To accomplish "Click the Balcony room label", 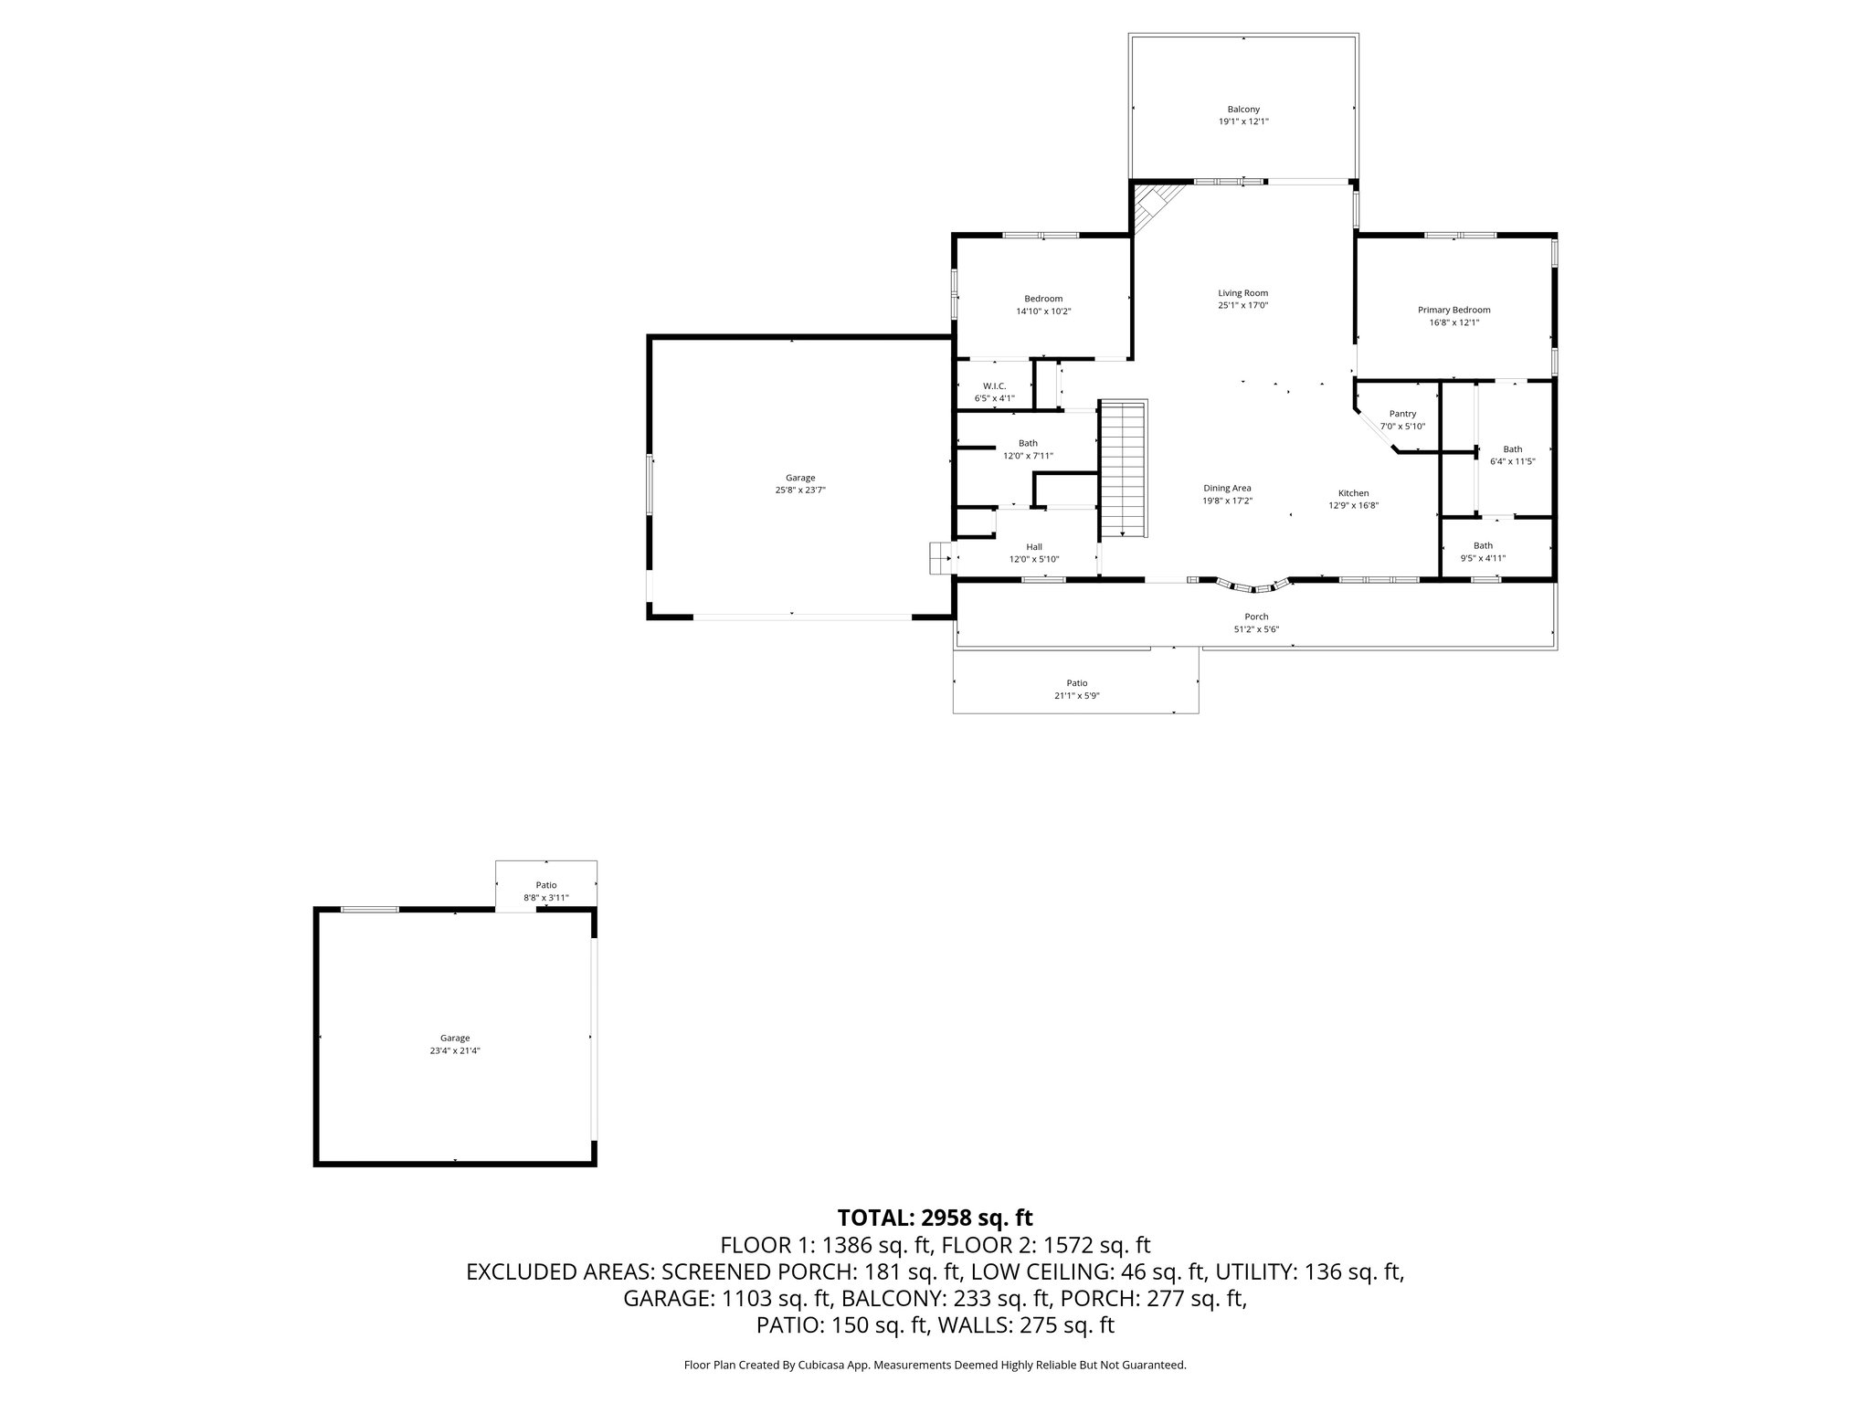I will coord(1243,110).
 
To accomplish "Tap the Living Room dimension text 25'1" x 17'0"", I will coord(1242,306).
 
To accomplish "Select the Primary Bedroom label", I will coord(1453,310).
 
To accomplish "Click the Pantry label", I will coord(1402,414).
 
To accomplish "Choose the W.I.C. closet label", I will coord(994,385).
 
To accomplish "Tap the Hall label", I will coord(1034,547).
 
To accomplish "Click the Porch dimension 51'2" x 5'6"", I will coord(1256,629).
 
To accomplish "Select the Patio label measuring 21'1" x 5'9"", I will coord(1077,683).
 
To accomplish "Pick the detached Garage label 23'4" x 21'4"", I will coord(455,1038).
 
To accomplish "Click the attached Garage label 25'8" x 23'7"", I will coord(800,478).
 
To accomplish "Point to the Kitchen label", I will coord(1354,493).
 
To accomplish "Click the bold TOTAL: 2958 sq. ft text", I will coord(935,1218).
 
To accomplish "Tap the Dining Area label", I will coord(1227,488).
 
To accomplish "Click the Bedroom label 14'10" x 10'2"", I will coord(1043,299).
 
